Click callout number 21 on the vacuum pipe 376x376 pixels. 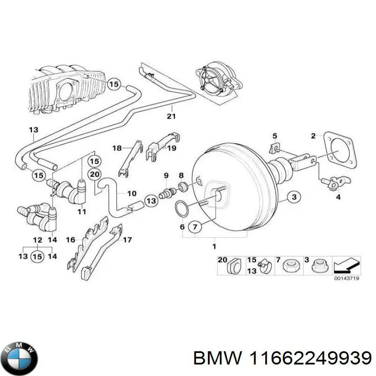tap(172, 116)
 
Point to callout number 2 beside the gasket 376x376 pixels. tap(313, 137)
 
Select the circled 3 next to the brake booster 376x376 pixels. tap(294, 197)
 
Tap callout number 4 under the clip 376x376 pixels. tap(337, 197)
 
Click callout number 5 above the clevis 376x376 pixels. tap(275, 136)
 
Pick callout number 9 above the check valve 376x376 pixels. tap(166, 175)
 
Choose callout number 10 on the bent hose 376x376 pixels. tap(132, 193)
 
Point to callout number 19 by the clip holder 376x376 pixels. tap(172, 148)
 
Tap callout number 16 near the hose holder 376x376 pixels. tap(70, 240)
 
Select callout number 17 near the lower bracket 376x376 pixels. tap(127, 240)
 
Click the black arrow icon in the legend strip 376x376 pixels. tap(347, 266)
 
